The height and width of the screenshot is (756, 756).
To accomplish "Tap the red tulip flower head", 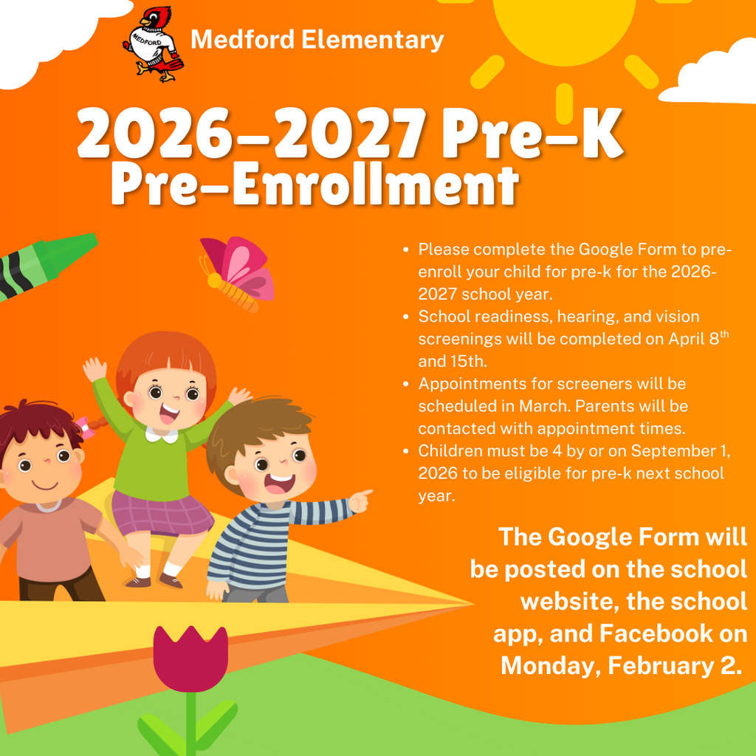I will (x=190, y=657).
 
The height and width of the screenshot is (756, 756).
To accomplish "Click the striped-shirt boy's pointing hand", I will (x=360, y=501).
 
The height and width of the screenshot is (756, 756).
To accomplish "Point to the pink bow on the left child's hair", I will (x=89, y=427).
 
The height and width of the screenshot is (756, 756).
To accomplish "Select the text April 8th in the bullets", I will (x=693, y=339).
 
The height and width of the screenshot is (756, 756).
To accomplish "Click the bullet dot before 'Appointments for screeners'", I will (x=406, y=384).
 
